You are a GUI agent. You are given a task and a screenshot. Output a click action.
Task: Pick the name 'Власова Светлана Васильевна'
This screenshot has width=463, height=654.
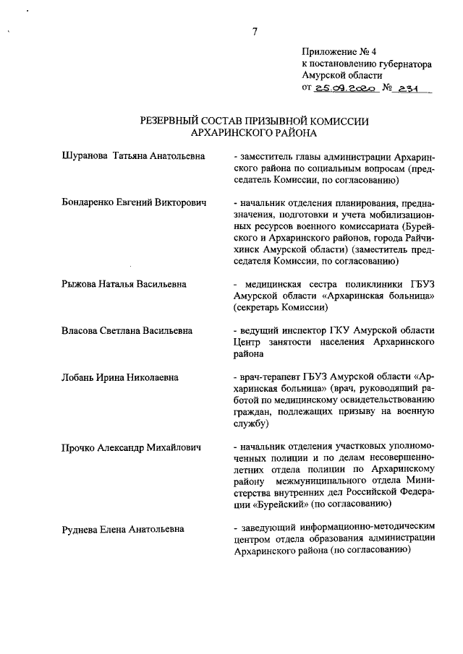tap(127, 331)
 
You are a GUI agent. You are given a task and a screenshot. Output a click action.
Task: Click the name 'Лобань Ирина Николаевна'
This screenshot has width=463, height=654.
tap(121, 377)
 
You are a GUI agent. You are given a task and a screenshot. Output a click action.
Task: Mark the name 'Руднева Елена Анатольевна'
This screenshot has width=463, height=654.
tap(123, 529)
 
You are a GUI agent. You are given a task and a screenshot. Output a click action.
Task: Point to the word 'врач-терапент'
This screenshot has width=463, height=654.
tap(269, 378)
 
